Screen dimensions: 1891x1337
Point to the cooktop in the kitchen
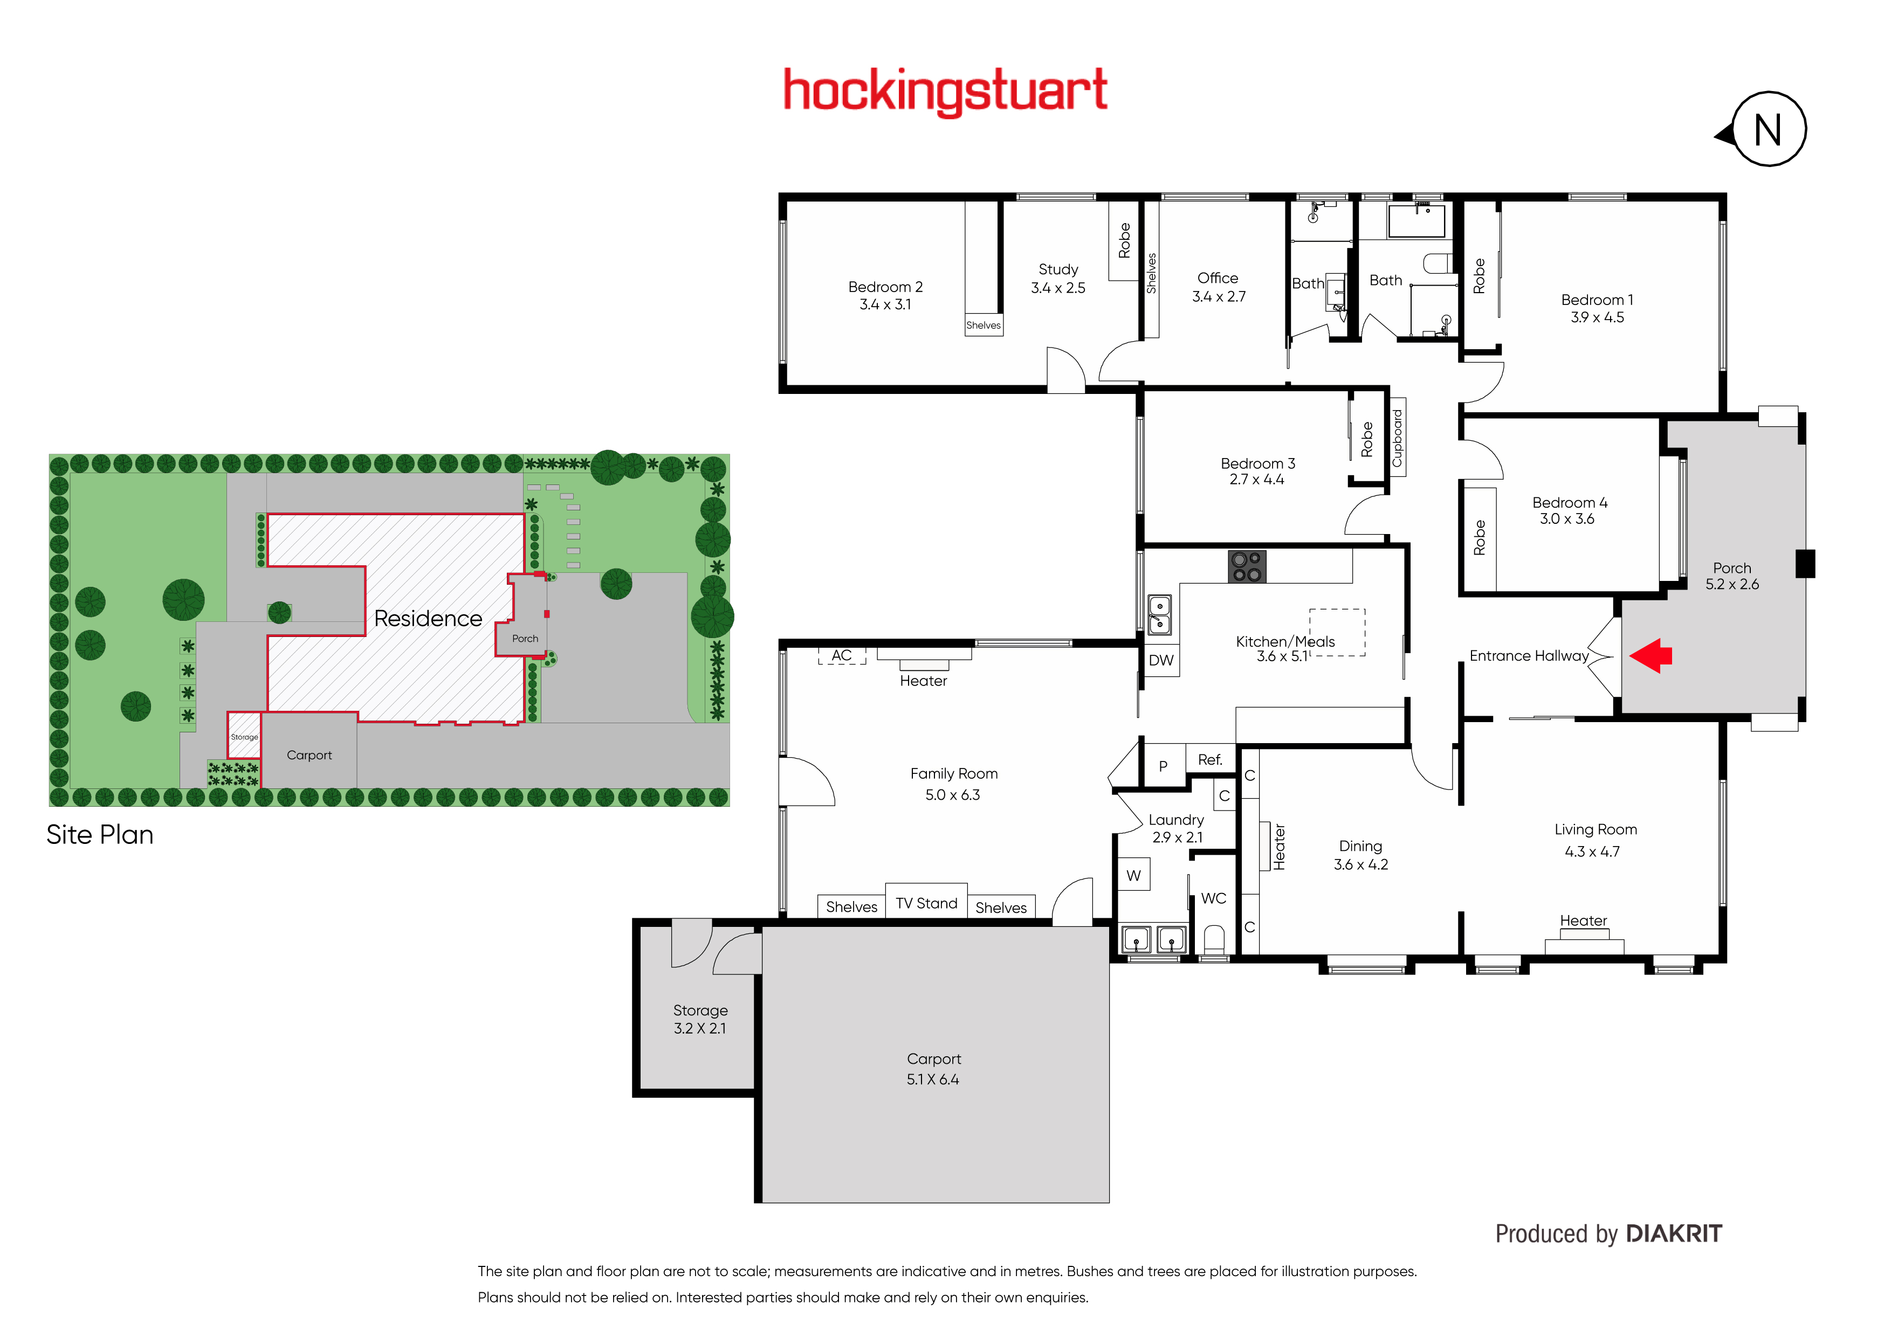(x=1247, y=566)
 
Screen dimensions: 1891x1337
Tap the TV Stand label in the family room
(x=926, y=903)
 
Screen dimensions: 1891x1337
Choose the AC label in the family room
(x=841, y=655)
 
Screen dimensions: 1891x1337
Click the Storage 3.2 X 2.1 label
(x=700, y=1019)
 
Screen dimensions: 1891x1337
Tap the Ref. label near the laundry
(x=1210, y=760)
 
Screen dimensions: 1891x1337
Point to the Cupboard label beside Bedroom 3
(x=1397, y=438)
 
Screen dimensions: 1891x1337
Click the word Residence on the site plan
(x=428, y=618)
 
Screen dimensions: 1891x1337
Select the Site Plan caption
(x=100, y=835)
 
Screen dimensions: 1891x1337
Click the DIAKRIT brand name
(x=1674, y=1234)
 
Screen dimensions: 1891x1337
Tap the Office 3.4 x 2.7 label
(x=1218, y=287)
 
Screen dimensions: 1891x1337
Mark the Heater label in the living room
(x=1583, y=920)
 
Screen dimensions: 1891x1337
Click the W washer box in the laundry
(x=1134, y=876)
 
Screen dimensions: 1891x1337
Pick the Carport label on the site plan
(x=309, y=755)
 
